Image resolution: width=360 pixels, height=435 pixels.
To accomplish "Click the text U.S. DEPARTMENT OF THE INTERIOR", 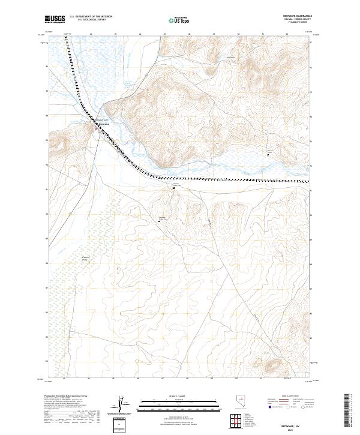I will click(x=91, y=17).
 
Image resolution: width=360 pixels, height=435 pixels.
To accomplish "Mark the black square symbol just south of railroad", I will click(x=174, y=188).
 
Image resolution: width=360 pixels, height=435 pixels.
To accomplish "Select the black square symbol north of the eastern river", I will click(x=269, y=152).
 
